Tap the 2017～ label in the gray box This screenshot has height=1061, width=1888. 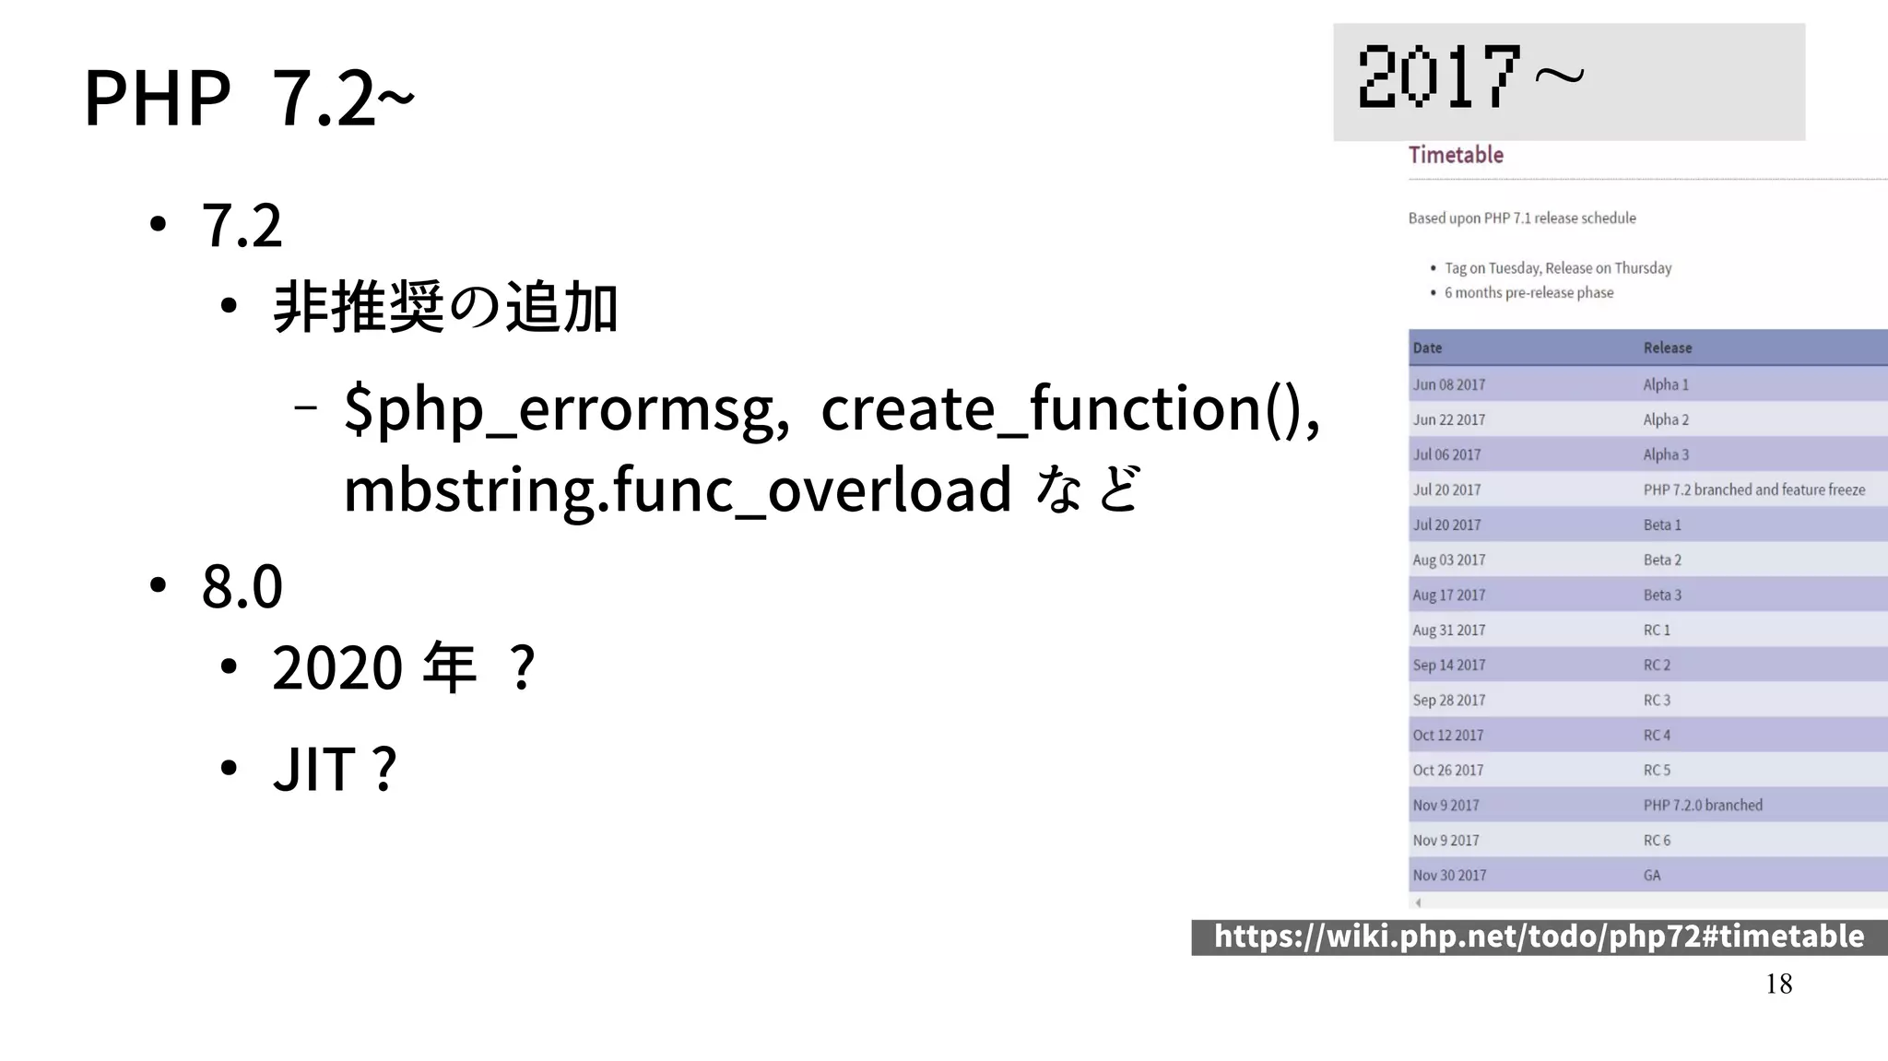click(1470, 77)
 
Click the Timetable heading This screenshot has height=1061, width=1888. click(1456, 155)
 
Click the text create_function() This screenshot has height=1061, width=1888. click(1069, 407)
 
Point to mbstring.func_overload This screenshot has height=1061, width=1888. click(678, 489)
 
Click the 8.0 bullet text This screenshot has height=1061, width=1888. click(242, 585)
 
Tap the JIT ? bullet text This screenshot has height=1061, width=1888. click(334, 768)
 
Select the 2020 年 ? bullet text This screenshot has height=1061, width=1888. click(403, 667)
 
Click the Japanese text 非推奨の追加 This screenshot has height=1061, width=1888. click(445, 307)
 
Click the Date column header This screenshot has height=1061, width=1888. click(1427, 348)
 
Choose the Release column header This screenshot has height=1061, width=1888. click(1667, 348)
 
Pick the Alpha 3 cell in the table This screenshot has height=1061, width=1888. click(1666, 454)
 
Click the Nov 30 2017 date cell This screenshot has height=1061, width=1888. click(1449, 875)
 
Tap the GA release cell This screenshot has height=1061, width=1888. click(1652, 875)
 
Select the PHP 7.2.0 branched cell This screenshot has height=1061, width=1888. click(1702, 805)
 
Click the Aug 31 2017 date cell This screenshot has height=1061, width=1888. click(1449, 630)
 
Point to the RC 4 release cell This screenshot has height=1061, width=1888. click(1657, 735)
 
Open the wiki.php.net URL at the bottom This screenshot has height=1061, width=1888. click(1539, 937)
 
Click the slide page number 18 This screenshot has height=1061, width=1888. click(1778, 984)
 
